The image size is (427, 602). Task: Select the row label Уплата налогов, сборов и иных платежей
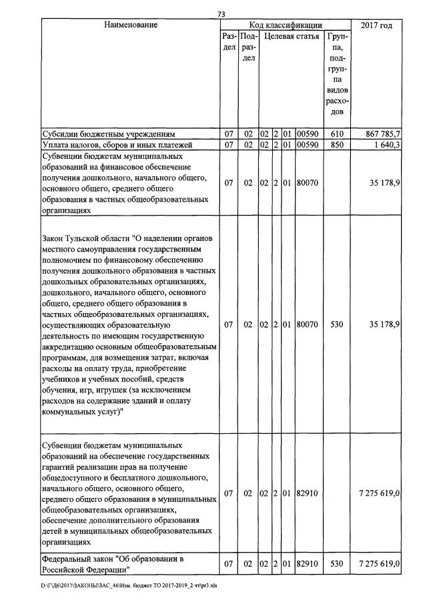[117, 144]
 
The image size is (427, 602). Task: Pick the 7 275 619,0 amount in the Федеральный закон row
[379, 564]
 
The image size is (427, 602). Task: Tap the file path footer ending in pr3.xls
[134, 585]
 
